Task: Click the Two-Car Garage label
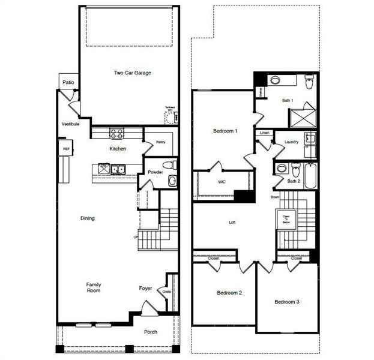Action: point(133,73)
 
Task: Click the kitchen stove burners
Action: point(116,133)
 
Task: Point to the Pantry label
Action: point(160,142)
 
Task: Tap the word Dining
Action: point(88,218)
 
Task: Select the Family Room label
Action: point(93,287)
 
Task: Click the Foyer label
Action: point(145,288)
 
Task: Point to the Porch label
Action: point(151,332)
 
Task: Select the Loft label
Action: point(232,223)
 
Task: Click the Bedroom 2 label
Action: point(229,293)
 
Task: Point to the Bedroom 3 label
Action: point(287,301)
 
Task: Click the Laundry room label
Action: point(292,142)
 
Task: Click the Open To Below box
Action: point(283,218)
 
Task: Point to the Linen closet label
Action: point(264,133)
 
